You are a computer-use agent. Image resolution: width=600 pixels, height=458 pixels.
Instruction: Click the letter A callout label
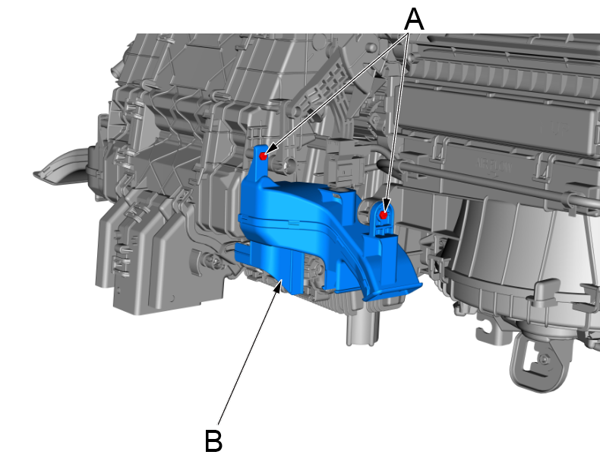tap(413, 18)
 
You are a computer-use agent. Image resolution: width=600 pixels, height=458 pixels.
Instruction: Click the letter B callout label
tap(214, 440)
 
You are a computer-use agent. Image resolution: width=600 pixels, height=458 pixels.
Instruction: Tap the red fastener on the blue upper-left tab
tap(263, 155)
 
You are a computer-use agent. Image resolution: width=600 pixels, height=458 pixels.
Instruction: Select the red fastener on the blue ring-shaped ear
tap(384, 215)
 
